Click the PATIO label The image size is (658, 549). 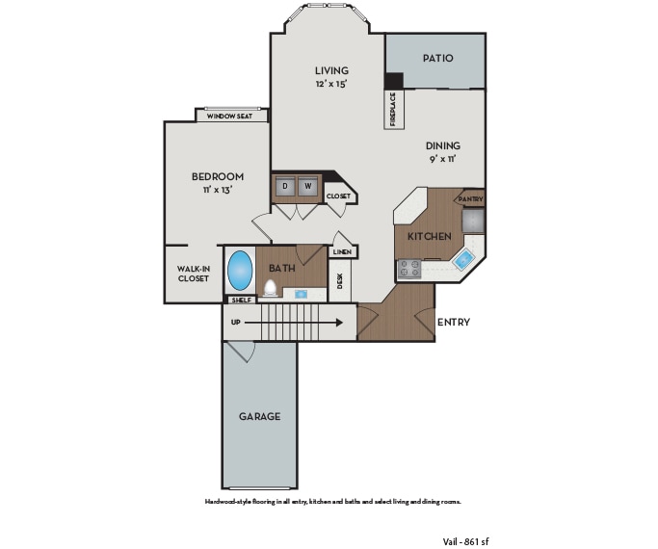[x=437, y=59]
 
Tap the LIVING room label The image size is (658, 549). [x=331, y=70]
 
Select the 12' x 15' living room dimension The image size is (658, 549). [x=331, y=84]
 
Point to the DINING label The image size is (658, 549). [x=443, y=146]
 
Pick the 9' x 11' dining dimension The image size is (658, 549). [x=443, y=160]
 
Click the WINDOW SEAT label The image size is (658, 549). [x=228, y=116]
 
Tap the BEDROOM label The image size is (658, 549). [x=217, y=176]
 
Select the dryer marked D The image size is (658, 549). [x=285, y=186]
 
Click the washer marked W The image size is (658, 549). [x=308, y=186]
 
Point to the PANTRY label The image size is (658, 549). [x=471, y=199]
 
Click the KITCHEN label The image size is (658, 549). [x=429, y=236]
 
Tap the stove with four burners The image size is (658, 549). [x=409, y=268]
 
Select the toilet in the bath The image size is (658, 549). [x=271, y=287]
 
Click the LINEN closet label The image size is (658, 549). [x=342, y=252]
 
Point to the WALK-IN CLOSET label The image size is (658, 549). [x=193, y=274]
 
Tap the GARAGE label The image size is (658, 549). [x=259, y=416]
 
